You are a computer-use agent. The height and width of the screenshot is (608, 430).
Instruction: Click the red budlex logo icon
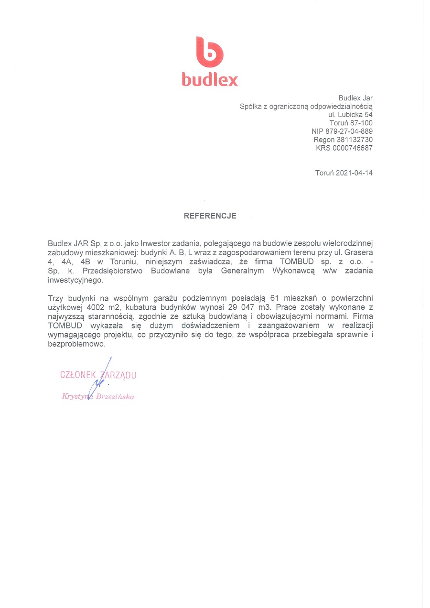point(209,52)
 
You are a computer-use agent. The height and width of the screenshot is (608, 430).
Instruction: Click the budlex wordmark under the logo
point(209,79)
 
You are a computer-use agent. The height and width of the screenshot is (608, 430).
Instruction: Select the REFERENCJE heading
point(210,216)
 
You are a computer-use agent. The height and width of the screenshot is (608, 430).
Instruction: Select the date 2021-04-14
point(354,173)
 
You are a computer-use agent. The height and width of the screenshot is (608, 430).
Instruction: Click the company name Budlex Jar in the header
point(355,98)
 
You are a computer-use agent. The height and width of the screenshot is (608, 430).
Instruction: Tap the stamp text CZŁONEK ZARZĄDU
point(98,375)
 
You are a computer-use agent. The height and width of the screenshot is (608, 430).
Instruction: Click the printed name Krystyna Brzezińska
point(98,396)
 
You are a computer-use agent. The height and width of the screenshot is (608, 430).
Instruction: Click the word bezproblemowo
point(76,344)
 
